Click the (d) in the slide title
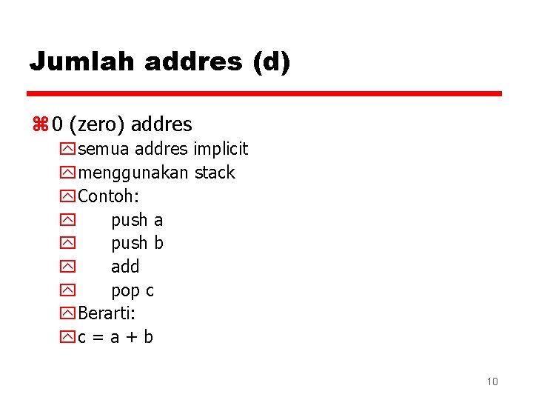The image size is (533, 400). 271,61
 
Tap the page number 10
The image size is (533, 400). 492,381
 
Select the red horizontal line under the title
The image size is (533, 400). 264,94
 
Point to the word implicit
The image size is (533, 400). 221,149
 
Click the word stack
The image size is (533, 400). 215,173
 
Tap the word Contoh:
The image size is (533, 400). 108,196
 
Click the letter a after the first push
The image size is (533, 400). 158,220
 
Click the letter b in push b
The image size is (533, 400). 158,243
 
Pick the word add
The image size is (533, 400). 125,267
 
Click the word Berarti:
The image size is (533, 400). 107,313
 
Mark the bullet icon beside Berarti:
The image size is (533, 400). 67,314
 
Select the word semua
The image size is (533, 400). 103,149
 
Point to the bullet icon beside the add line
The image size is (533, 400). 67,267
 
